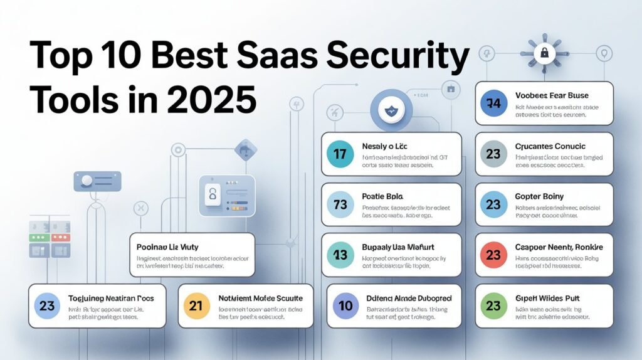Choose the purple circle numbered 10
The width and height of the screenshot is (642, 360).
click(x=346, y=306)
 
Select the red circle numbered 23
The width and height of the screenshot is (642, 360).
click(x=493, y=255)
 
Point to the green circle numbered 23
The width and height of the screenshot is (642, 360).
click(x=493, y=306)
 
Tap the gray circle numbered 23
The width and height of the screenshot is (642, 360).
click(x=493, y=154)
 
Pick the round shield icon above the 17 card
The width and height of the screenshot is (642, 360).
click(x=389, y=110)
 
